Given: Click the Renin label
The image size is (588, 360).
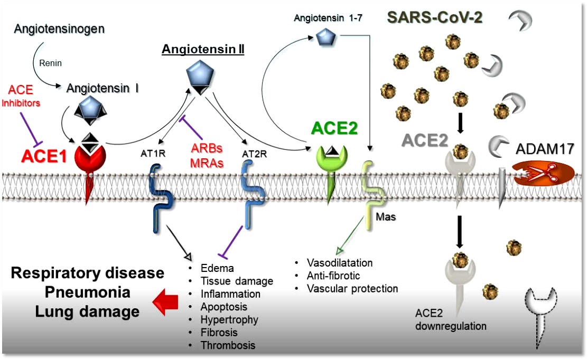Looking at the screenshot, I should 51,63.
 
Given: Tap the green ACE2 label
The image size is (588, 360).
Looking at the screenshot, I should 335,128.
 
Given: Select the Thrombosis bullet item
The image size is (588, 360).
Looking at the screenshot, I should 228,346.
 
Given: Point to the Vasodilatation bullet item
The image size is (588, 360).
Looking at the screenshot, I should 340,263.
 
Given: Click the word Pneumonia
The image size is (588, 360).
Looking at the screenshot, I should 88,292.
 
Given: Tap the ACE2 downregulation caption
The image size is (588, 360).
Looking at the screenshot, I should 451,320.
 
